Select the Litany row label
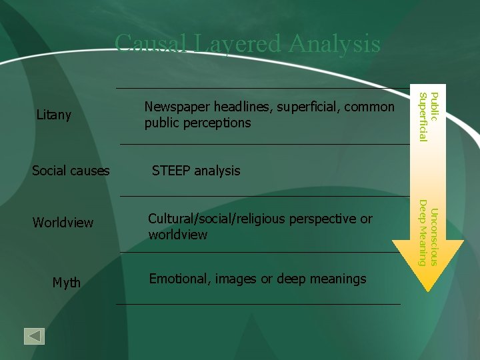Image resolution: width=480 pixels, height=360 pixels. (54, 115)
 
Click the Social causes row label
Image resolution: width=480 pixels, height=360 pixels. (71, 171)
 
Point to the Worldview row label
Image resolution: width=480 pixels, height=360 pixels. (63, 223)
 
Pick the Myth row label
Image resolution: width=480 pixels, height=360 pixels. (67, 283)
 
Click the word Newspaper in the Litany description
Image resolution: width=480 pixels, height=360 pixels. (175, 107)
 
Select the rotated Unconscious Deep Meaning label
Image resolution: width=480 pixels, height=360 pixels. (427, 236)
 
